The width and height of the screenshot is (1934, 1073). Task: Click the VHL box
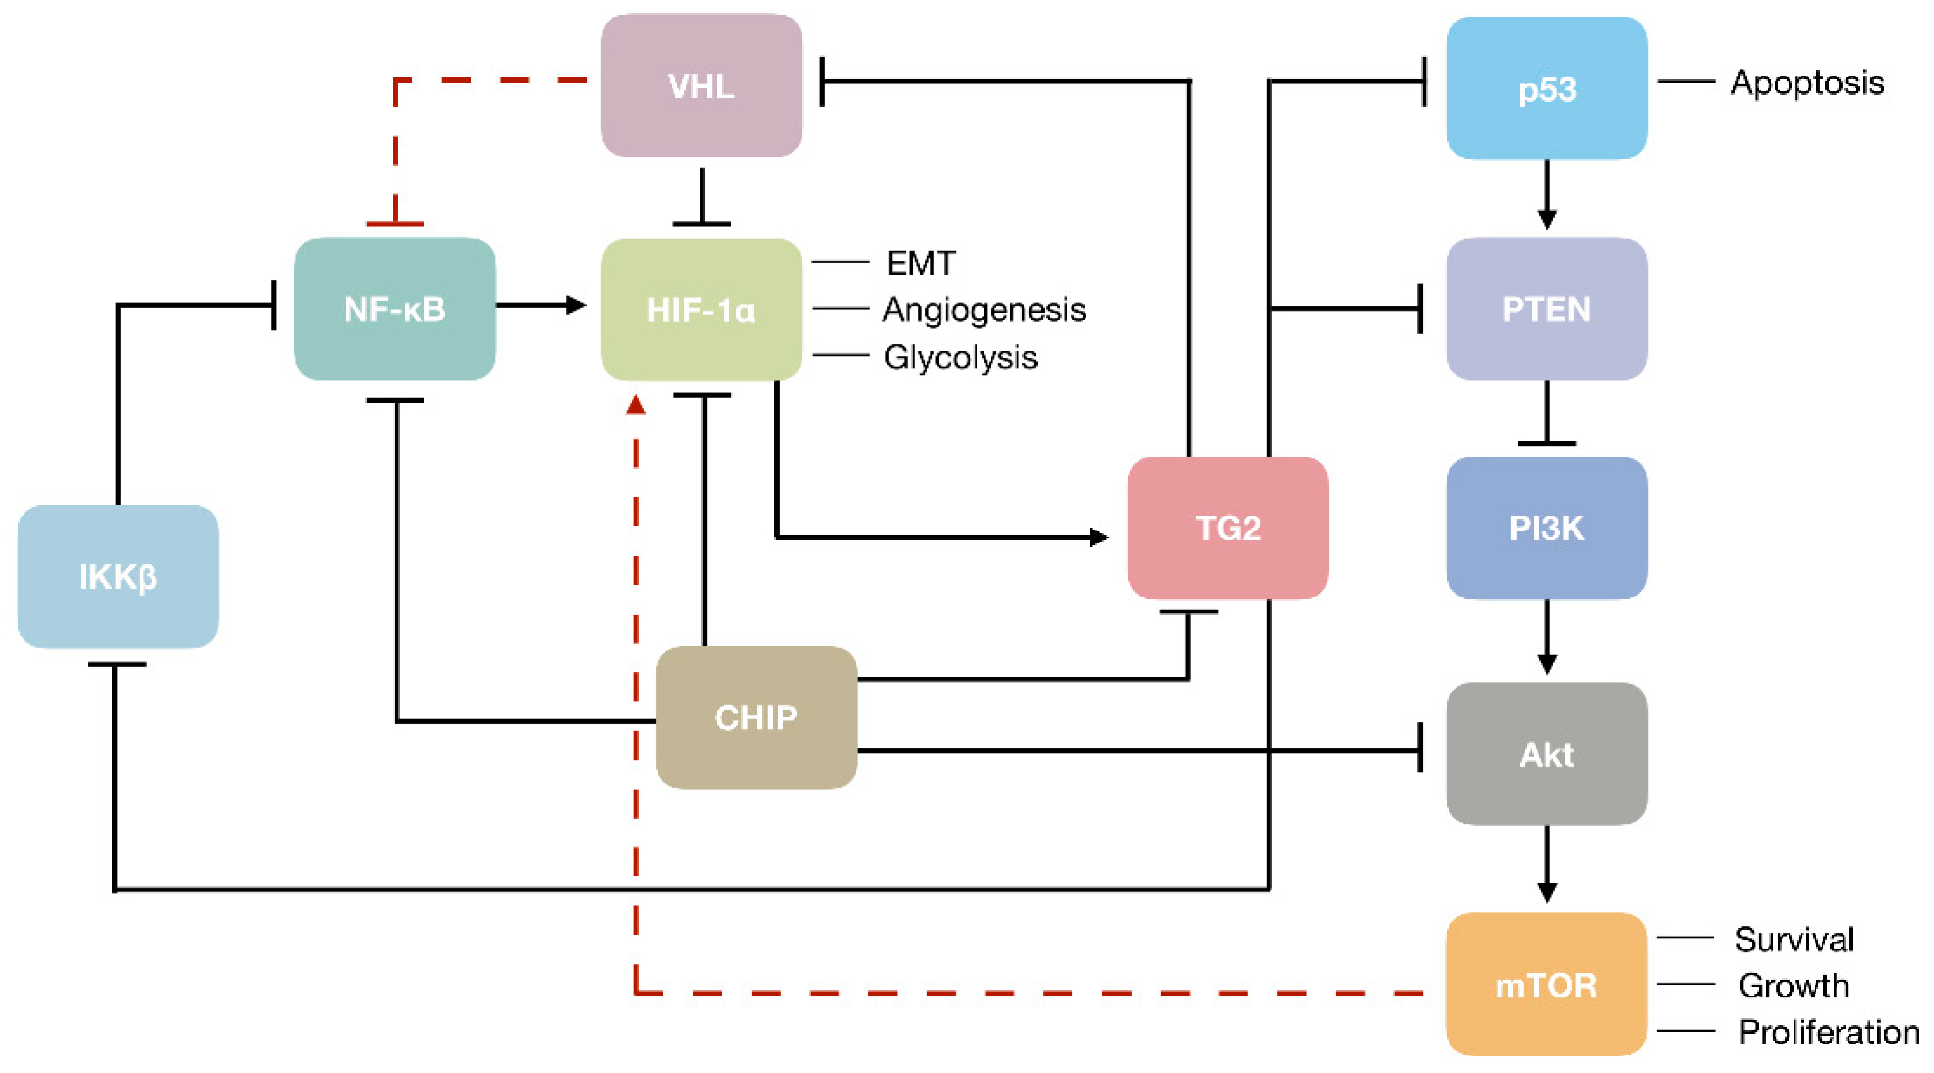701,86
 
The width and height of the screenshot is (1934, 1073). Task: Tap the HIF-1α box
701,309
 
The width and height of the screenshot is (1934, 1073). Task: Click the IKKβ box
118,576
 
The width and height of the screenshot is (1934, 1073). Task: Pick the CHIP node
756,717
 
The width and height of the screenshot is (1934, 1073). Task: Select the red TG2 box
1227,528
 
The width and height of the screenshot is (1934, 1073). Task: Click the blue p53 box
1546,88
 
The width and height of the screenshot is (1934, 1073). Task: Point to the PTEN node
1546,309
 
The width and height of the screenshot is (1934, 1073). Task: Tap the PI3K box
1546,528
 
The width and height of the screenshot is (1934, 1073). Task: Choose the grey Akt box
1546,754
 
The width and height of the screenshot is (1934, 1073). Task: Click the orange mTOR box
1546,985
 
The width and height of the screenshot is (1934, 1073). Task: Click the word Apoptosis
1807,82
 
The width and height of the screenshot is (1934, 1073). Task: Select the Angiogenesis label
984,309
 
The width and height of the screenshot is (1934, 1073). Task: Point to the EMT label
921,263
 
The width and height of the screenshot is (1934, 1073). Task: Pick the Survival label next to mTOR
1794,938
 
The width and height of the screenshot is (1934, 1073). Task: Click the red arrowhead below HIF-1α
636,405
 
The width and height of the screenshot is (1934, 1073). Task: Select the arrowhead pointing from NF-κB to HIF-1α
576,305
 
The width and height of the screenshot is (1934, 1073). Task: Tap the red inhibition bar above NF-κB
395,223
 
